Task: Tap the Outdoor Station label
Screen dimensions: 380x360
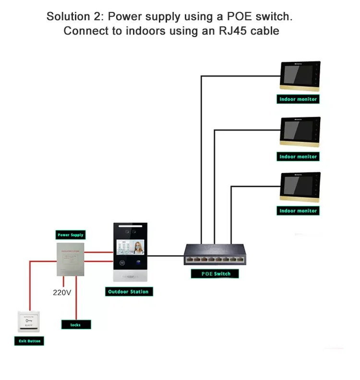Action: [x=128, y=292]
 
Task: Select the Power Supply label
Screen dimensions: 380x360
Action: [x=71, y=235]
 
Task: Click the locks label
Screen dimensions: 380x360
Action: [x=76, y=325]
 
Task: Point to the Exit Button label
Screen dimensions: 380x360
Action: [x=29, y=341]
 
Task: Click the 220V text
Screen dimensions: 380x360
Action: [x=62, y=292]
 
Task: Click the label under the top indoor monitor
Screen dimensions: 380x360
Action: [x=298, y=99]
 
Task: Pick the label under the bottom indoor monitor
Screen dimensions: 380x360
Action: [x=298, y=211]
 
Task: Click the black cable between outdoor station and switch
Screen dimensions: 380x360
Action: [x=166, y=256]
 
